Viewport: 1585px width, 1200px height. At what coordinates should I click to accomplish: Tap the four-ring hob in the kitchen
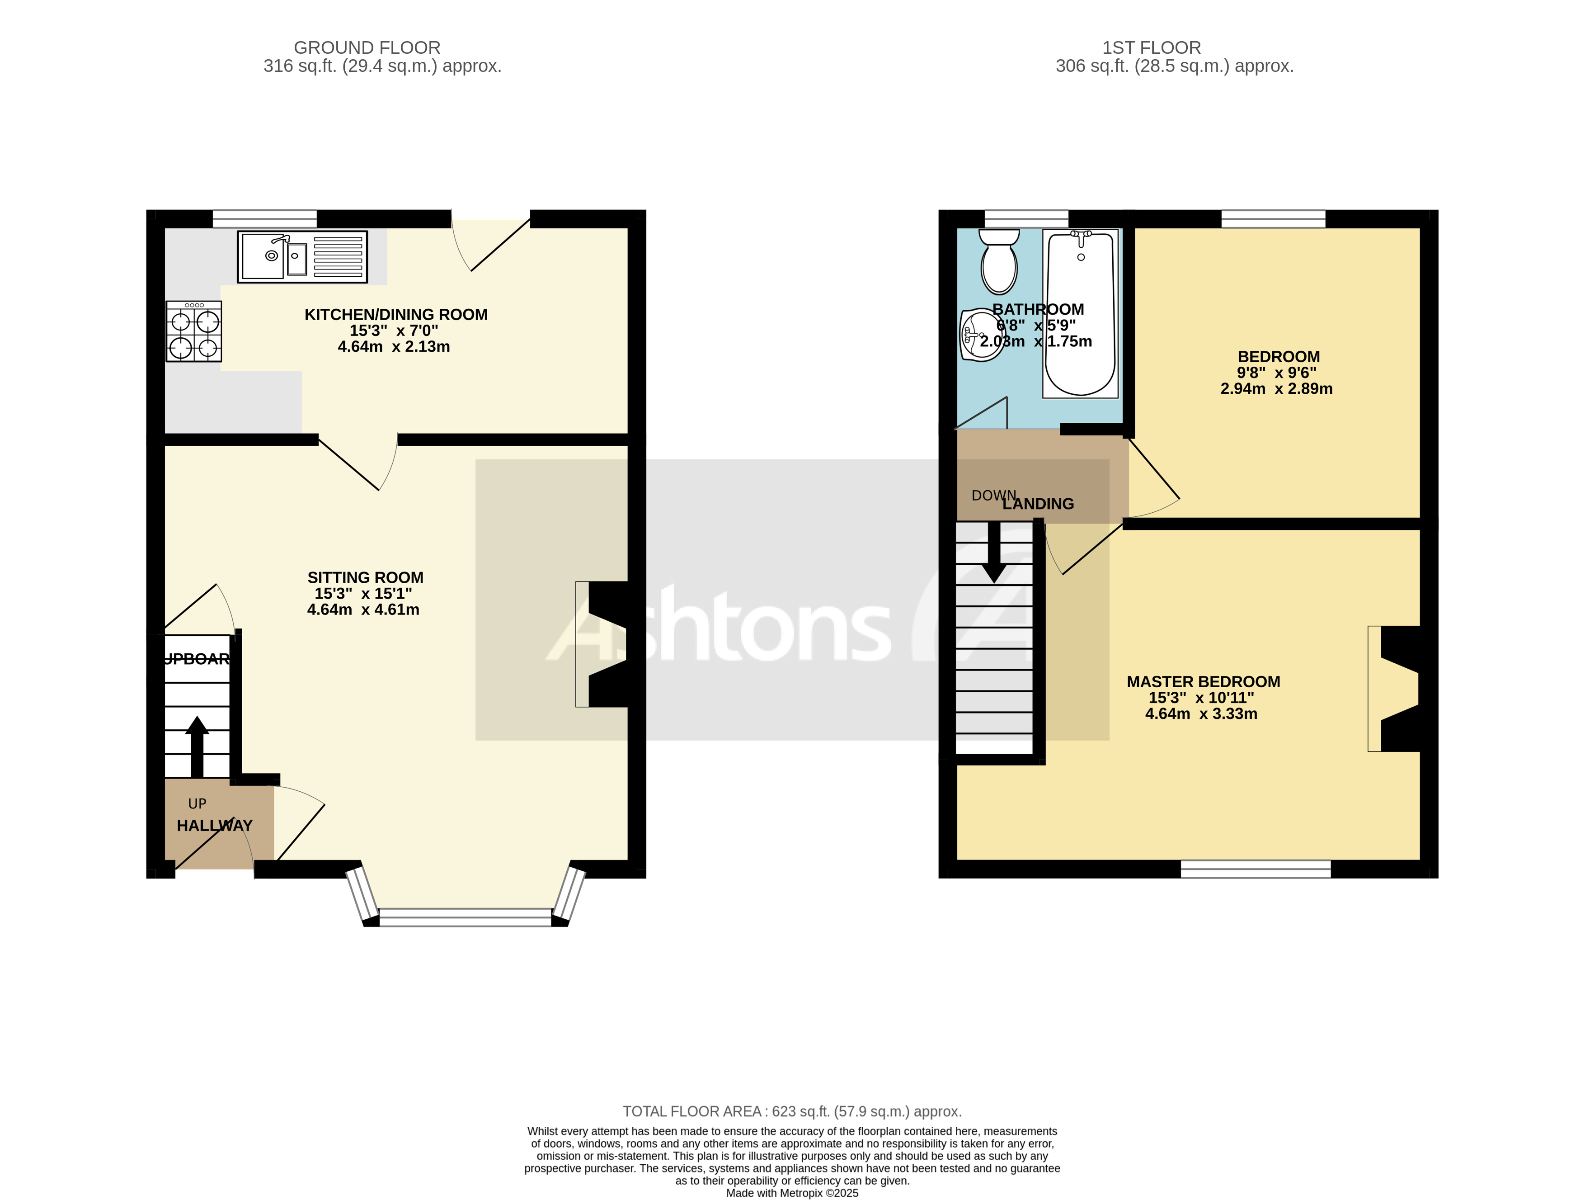coord(193,331)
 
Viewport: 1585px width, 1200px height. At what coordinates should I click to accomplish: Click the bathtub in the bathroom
coord(1080,313)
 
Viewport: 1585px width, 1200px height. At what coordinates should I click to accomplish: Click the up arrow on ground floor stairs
coord(197,746)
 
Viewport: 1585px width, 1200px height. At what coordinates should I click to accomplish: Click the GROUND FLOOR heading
coord(367,48)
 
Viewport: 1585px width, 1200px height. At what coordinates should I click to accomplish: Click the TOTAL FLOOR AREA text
coord(792,1111)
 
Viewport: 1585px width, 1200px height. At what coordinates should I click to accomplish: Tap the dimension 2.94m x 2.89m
coord(1276,388)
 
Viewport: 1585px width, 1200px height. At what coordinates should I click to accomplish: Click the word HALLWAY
coord(214,826)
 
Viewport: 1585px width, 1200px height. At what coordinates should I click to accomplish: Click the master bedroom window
coord(1256,869)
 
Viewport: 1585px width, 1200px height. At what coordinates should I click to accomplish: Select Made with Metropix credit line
coord(792,1193)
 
